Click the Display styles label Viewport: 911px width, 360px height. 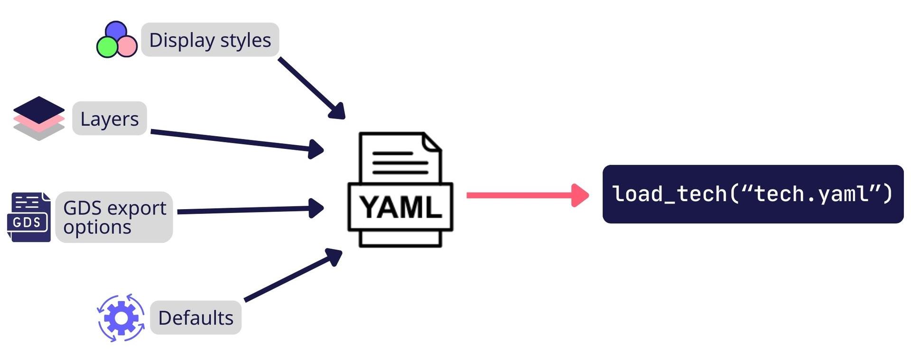(x=210, y=40)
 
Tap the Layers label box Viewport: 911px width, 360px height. (x=110, y=119)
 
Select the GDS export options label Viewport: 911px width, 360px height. (x=114, y=217)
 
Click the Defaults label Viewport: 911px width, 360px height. (x=195, y=318)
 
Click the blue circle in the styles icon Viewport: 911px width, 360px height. (x=116, y=31)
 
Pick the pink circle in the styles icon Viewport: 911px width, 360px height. (x=127, y=46)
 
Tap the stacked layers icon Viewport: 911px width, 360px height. (x=39, y=118)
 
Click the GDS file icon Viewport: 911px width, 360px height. (x=29, y=217)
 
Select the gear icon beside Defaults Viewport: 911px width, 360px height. (x=121, y=318)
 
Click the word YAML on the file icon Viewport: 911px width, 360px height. (x=400, y=208)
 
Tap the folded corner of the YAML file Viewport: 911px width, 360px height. (x=432, y=143)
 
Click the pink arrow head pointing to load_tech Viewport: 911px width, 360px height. (x=580, y=195)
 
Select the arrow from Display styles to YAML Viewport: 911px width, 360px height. (x=311, y=88)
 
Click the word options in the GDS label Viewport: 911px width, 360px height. (x=97, y=228)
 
